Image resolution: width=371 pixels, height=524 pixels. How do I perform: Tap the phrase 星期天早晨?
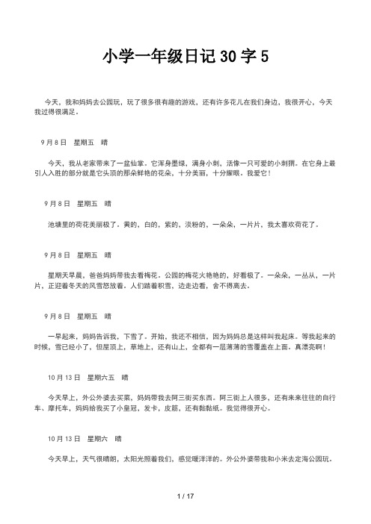click(x=64, y=275)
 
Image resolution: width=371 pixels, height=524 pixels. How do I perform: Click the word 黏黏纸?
click(x=213, y=409)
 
